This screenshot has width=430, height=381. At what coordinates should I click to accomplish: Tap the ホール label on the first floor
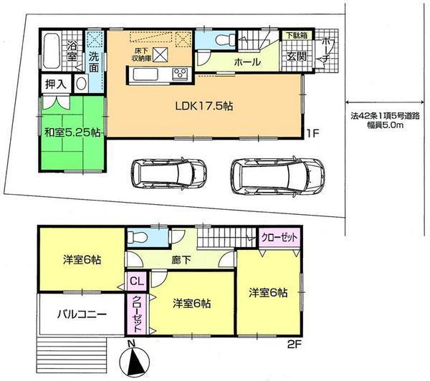click(x=246, y=63)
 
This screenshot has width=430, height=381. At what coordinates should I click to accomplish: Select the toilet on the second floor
click(x=138, y=236)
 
